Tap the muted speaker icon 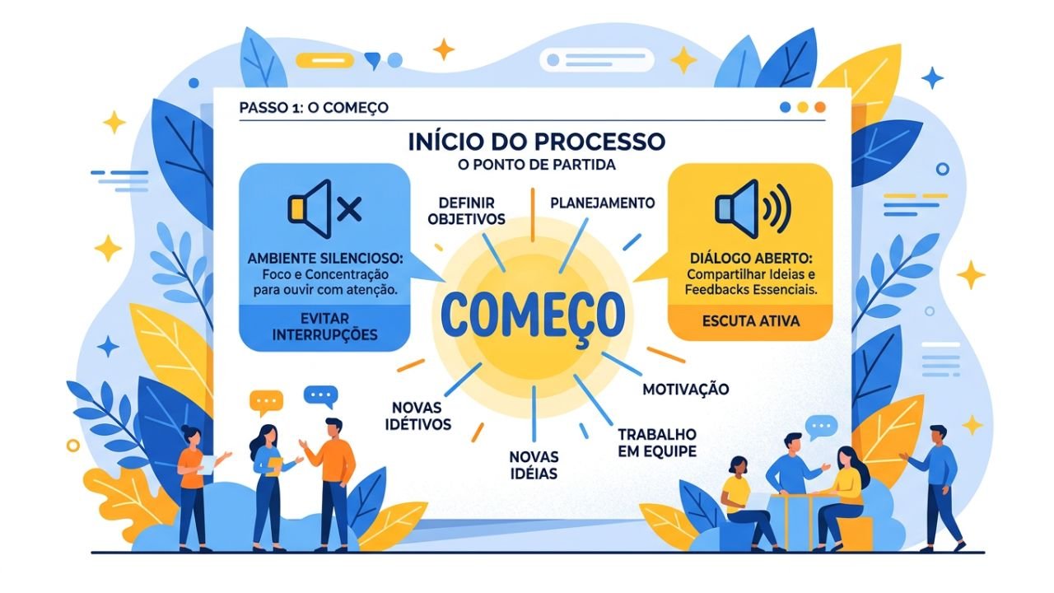pyautogui.click(x=324, y=209)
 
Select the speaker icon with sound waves pyautogui.click(x=753, y=208)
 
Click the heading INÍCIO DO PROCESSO pyautogui.click(x=536, y=142)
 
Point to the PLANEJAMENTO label pyautogui.click(x=603, y=203)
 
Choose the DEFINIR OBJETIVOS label pyautogui.click(x=466, y=211)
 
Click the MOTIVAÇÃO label pyautogui.click(x=686, y=390)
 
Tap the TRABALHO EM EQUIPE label pyautogui.click(x=657, y=442)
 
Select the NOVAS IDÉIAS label pyautogui.click(x=534, y=465)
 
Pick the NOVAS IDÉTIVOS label pyautogui.click(x=418, y=416)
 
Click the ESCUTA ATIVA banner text pyautogui.click(x=751, y=321)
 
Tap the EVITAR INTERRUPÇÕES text pyautogui.click(x=324, y=327)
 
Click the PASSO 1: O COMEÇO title pyautogui.click(x=314, y=108)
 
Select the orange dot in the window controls pyautogui.click(x=820, y=107)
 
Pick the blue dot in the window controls pyautogui.click(x=785, y=107)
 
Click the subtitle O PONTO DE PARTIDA pyautogui.click(x=536, y=166)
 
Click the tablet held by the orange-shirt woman pyautogui.click(x=207, y=464)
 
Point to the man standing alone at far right pyautogui.click(x=933, y=488)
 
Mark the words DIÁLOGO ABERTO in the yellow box pyautogui.click(x=751, y=259)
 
